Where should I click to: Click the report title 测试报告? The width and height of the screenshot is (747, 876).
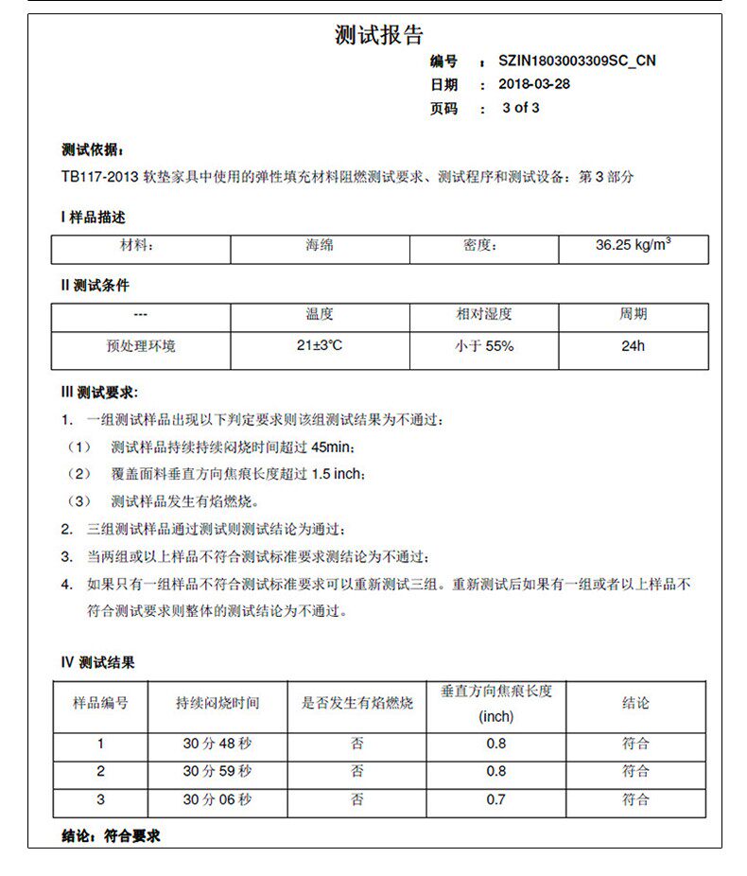coord(378,36)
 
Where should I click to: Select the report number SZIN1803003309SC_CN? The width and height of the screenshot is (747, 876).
coord(577,61)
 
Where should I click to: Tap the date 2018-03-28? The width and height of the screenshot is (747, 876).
coord(534,84)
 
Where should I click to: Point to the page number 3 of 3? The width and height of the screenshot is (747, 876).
coord(521,108)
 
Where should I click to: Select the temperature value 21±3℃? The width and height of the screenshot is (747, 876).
coord(320,346)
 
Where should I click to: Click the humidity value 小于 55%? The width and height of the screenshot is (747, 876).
coord(484,346)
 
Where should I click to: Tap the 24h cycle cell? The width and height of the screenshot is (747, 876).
coord(633,346)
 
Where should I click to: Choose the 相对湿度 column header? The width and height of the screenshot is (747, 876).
coord(484,314)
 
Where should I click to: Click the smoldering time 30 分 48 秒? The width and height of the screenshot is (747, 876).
coord(217,744)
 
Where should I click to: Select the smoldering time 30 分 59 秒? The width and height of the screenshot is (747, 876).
coord(217,772)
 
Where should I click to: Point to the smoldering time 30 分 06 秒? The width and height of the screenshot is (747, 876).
coord(217,800)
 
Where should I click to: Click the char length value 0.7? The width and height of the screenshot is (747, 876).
coord(496,800)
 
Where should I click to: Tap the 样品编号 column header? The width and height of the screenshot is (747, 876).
coord(101,704)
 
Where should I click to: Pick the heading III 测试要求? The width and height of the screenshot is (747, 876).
coord(99,393)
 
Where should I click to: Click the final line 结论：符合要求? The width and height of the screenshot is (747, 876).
coord(111,836)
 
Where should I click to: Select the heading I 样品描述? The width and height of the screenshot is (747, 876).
coord(93,218)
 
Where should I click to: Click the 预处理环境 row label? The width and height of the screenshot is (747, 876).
coord(140,346)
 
